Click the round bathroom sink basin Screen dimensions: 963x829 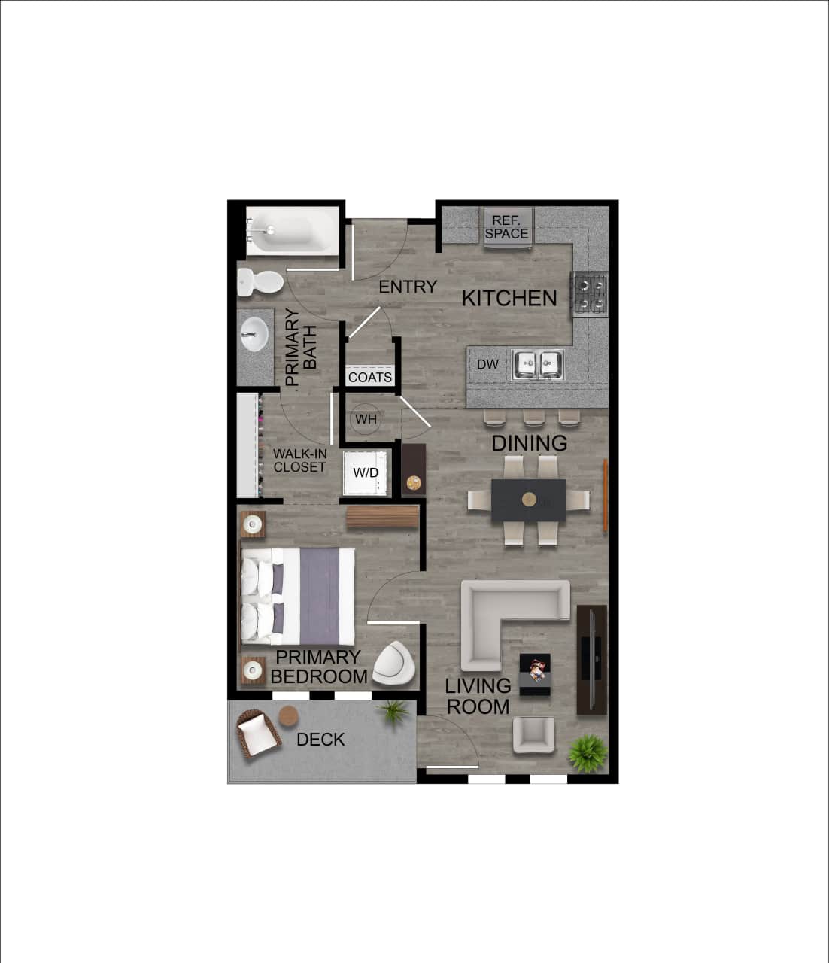click(254, 334)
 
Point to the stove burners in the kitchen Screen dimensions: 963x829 click(591, 294)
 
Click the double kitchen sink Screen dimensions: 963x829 click(538, 365)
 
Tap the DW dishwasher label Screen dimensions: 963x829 click(487, 365)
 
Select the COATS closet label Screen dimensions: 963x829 click(369, 377)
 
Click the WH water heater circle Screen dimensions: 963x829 click(366, 418)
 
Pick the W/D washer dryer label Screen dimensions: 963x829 click(366, 473)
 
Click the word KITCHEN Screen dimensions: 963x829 click(509, 298)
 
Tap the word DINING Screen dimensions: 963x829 click(529, 443)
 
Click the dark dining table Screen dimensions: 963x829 click(528, 500)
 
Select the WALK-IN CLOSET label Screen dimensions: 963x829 click(299, 460)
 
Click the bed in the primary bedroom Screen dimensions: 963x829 click(298, 595)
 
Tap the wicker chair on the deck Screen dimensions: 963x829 click(258, 734)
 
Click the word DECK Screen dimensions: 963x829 click(320, 740)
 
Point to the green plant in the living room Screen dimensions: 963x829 click(587, 753)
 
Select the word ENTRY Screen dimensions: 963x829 click(408, 287)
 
